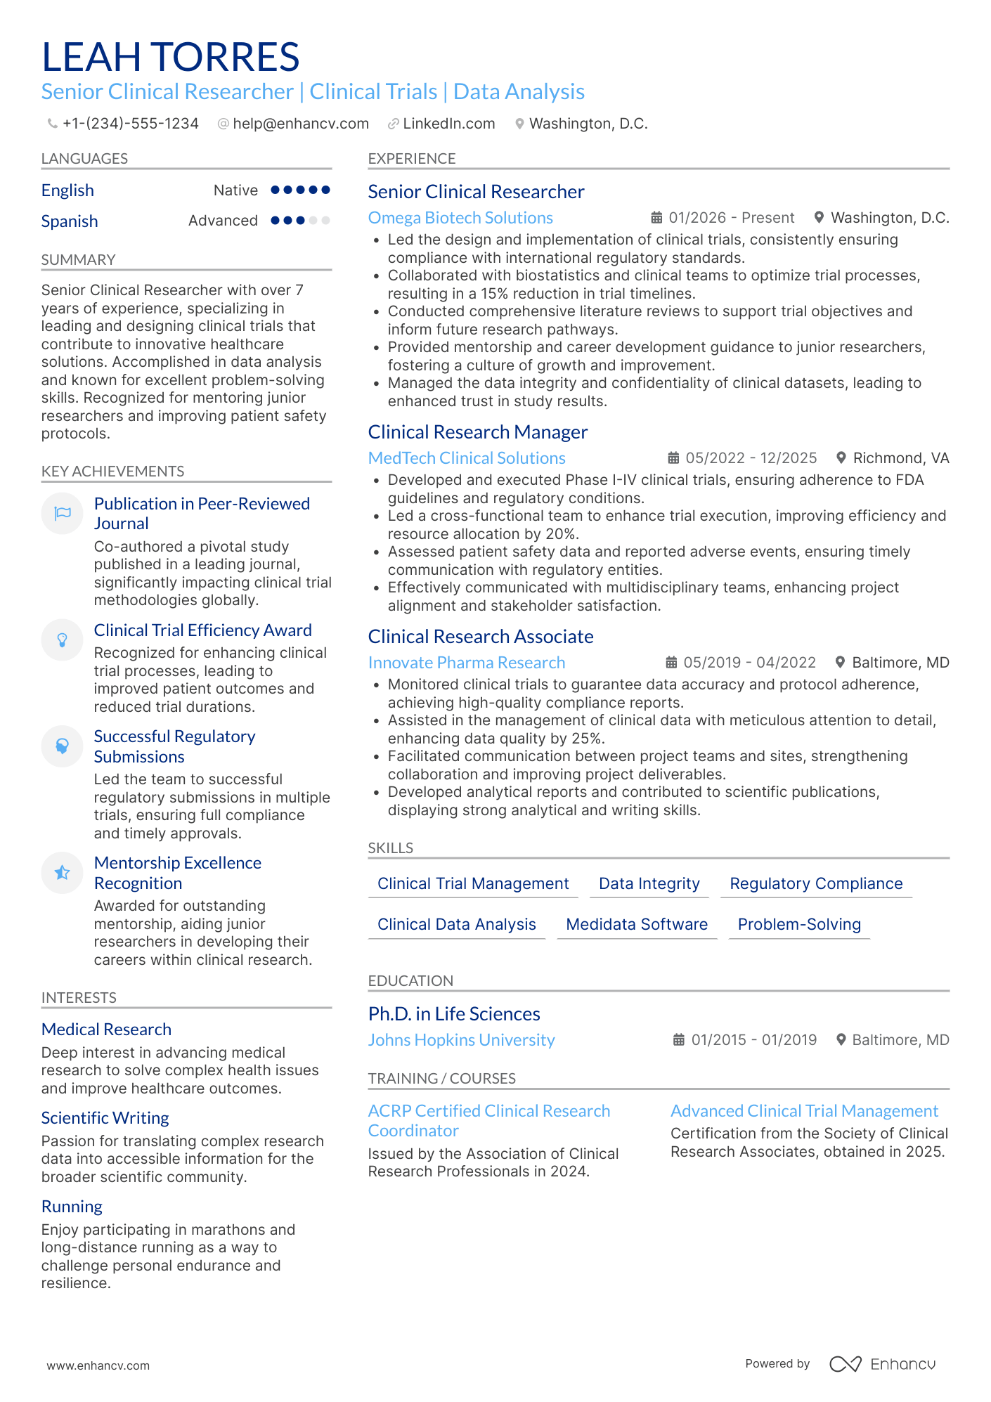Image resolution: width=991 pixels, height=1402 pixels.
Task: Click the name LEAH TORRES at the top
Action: coord(171,57)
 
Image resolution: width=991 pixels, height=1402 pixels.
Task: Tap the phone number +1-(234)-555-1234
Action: coord(130,124)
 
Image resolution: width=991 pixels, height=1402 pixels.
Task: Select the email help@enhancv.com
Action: coord(300,124)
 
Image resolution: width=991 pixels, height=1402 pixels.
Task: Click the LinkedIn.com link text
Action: coord(448,124)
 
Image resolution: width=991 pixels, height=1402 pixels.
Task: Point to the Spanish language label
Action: coord(70,221)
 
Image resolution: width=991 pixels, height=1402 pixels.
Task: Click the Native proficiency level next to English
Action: coord(235,190)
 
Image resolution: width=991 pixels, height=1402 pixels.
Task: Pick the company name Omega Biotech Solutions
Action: coord(460,218)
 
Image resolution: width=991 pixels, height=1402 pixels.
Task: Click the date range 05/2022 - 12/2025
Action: coord(751,458)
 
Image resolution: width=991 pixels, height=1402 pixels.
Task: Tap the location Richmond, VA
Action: coord(900,458)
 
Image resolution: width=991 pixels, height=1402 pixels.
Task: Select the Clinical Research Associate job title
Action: coord(481,637)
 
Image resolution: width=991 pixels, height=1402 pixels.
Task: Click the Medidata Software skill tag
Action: coord(637,924)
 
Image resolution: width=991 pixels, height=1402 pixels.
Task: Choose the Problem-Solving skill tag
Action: coord(799,924)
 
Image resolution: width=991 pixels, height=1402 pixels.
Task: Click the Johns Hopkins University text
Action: coord(461,1040)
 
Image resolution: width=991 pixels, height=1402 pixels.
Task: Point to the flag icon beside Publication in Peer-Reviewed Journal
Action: coord(63,513)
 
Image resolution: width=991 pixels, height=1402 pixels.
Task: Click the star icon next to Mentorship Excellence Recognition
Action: coord(63,872)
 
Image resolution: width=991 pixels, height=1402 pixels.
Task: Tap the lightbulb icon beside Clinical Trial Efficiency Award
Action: coord(63,640)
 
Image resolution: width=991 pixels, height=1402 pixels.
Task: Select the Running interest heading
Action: coord(72,1207)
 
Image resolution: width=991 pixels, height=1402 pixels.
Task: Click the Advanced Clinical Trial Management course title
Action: coord(804,1111)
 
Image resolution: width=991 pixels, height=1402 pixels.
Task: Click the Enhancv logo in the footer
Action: coord(882,1364)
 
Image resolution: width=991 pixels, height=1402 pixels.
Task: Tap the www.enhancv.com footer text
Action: coord(98,1365)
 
